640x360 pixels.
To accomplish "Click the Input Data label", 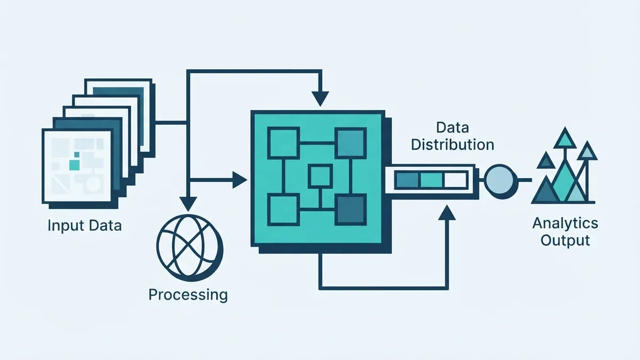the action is tap(85, 226).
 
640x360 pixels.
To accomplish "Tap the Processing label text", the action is tap(188, 294).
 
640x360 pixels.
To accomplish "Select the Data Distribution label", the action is tap(453, 137).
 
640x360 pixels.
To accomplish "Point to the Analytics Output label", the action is tap(565, 231).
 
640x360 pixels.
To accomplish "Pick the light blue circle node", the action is tap(500, 181).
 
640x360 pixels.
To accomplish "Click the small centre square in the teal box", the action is tap(320, 177).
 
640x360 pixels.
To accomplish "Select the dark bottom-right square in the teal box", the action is tap(350, 210).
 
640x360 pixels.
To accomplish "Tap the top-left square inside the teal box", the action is tap(283, 143).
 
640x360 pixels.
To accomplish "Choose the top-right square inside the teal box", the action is tap(350, 143).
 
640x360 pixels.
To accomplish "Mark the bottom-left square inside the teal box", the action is tap(283, 210).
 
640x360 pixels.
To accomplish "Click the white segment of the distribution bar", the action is tap(455, 180).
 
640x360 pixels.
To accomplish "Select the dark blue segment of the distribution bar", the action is tap(407, 180).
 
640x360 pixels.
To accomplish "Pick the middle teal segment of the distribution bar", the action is tap(431, 180).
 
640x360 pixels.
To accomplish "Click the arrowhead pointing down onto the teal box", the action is tap(321, 99).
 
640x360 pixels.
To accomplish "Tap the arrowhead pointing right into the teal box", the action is tap(240, 180).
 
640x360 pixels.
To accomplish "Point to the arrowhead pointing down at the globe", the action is tap(188, 204).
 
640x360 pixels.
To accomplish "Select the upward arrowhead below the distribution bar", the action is tap(447, 212).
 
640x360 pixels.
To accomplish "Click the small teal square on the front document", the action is tap(75, 165).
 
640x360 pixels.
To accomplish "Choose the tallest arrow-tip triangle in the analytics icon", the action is tap(565, 138).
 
